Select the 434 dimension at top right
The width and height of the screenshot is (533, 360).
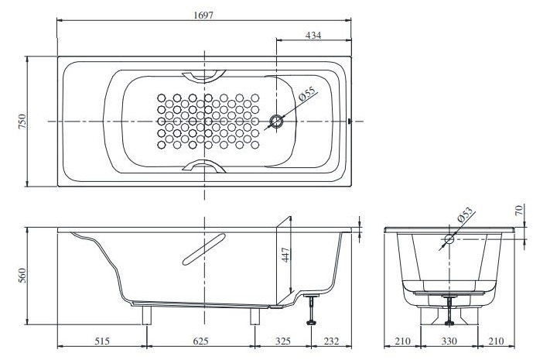(x=313, y=34)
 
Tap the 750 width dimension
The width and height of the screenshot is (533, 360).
(x=22, y=122)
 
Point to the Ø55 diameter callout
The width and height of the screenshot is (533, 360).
(x=306, y=96)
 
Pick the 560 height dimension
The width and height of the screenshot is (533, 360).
(x=22, y=276)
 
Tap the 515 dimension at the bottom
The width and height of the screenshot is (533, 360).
(x=102, y=341)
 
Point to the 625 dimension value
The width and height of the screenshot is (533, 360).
(x=201, y=341)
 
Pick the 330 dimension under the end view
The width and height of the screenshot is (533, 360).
(x=449, y=341)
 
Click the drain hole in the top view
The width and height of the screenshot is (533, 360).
(x=277, y=122)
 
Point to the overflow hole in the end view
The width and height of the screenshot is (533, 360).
(x=449, y=239)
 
